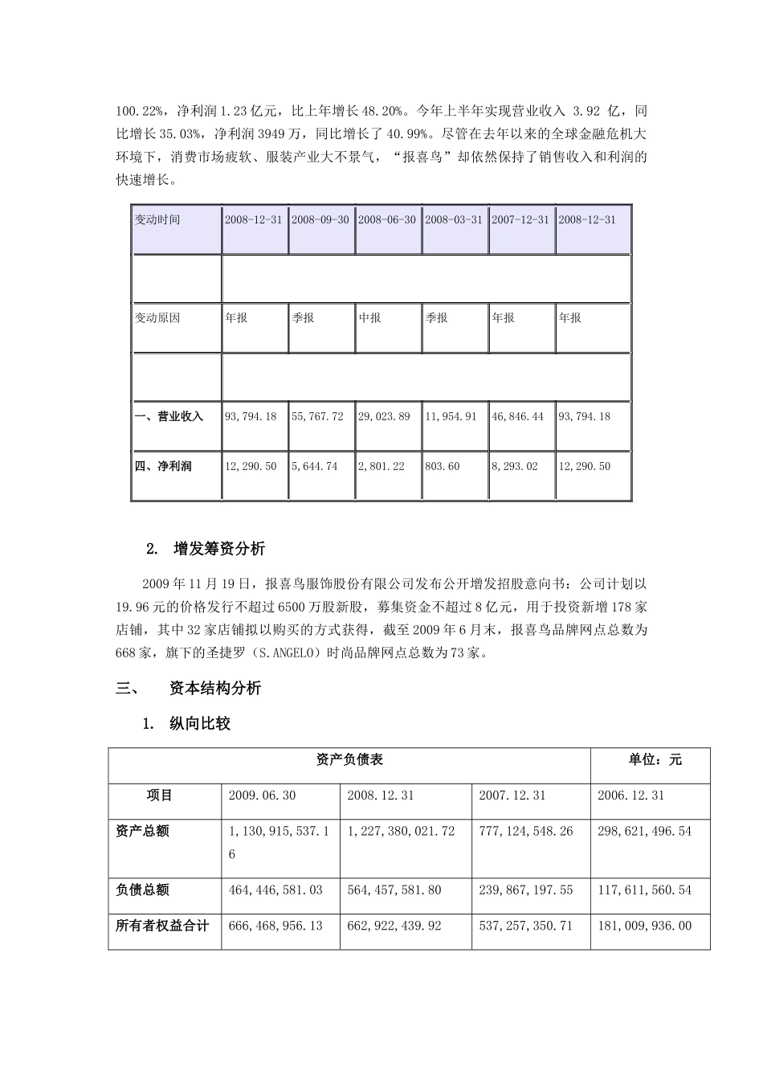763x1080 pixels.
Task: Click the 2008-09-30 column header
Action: [x=320, y=219]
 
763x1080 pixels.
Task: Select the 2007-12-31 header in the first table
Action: [x=520, y=219]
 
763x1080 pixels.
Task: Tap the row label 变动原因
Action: [x=157, y=317]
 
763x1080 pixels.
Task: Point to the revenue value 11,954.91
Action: [x=454, y=416]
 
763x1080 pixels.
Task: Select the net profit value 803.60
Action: [x=442, y=466]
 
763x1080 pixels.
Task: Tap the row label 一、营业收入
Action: [x=169, y=416]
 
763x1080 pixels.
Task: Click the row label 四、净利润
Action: [x=164, y=466]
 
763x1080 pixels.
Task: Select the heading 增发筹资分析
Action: [x=218, y=550]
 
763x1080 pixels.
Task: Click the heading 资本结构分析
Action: [x=215, y=689]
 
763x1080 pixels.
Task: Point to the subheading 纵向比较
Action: [x=200, y=724]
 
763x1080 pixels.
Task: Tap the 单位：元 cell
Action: [x=655, y=759]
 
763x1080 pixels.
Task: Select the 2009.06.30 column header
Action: [x=262, y=795]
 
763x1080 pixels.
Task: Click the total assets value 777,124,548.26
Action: [x=526, y=831]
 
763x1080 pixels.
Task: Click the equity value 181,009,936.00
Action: [x=644, y=926]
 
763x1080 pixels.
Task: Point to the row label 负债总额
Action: [x=142, y=890]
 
